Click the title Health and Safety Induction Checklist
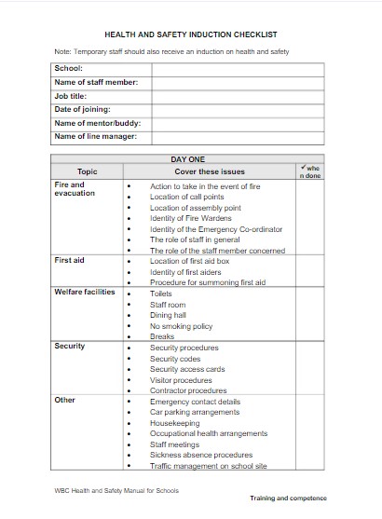tap(191, 34)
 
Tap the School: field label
tap(69, 68)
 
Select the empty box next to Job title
tap(238, 95)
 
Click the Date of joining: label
tap(84, 109)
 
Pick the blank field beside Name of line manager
tap(238, 136)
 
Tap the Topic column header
tap(87, 171)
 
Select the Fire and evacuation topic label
tap(75, 189)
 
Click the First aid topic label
tap(69, 260)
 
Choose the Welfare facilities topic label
tap(85, 293)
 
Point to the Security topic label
tap(70, 347)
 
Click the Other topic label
tap(64, 400)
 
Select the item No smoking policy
tap(182, 326)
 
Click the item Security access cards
tap(187, 369)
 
